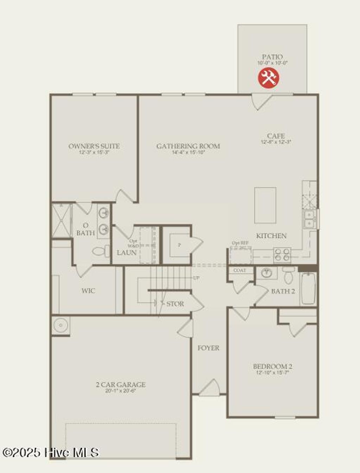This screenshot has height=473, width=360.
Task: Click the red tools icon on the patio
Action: click(269, 77)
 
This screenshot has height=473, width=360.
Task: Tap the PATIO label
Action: click(272, 57)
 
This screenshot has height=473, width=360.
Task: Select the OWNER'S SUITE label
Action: click(94, 146)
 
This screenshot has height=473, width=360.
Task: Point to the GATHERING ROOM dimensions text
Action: click(188, 153)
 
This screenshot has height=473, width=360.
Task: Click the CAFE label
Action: click(276, 136)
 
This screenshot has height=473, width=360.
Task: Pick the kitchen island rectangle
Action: click(265, 205)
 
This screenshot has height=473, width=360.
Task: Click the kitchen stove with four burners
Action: click(282, 255)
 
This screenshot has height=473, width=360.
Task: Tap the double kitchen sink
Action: click(310, 219)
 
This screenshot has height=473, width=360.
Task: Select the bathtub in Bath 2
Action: click(308, 288)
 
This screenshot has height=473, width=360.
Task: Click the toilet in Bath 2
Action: click(288, 275)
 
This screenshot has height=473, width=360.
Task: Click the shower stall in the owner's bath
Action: click(62, 220)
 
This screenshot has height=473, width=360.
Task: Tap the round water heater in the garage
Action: click(60, 325)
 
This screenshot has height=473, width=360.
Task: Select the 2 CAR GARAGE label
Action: click(121, 385)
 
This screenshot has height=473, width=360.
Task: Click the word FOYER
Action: click(208, 348)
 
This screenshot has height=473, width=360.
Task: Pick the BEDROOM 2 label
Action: click(272, 366)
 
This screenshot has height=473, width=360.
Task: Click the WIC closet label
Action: click(88, 291)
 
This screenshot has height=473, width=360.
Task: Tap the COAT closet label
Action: click(240, 270)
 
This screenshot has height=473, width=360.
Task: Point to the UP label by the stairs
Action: click(196, 278)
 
